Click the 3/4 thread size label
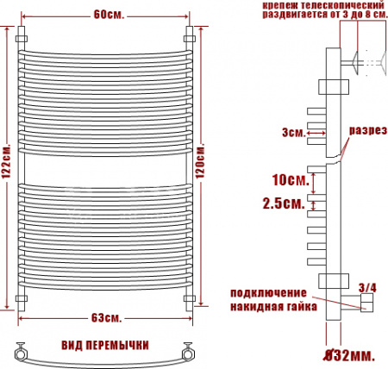click(366, 286)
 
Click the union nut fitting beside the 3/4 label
click(365, 301)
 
